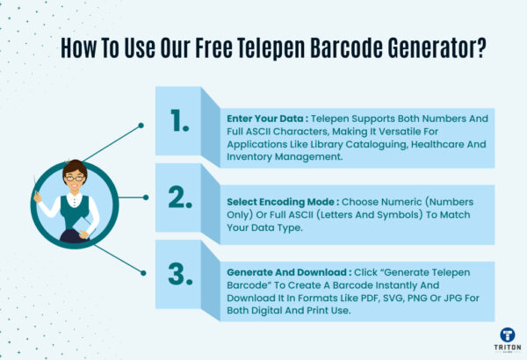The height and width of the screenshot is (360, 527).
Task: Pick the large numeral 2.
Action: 181,198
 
